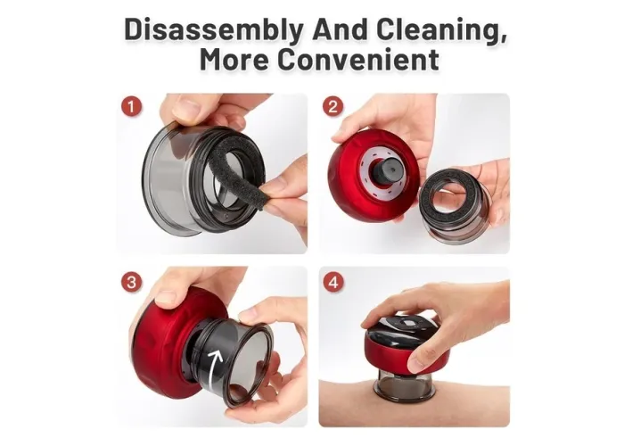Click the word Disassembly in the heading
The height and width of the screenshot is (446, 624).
[x=214, y=30]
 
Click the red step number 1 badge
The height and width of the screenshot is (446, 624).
[x=131, y=107]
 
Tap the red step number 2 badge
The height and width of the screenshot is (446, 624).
[x=333, y=107]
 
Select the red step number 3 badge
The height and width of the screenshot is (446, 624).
[x=131, y=283]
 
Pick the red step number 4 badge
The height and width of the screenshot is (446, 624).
[x=333, y=283]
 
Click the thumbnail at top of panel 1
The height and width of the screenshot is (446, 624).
[x=186, y=108]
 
